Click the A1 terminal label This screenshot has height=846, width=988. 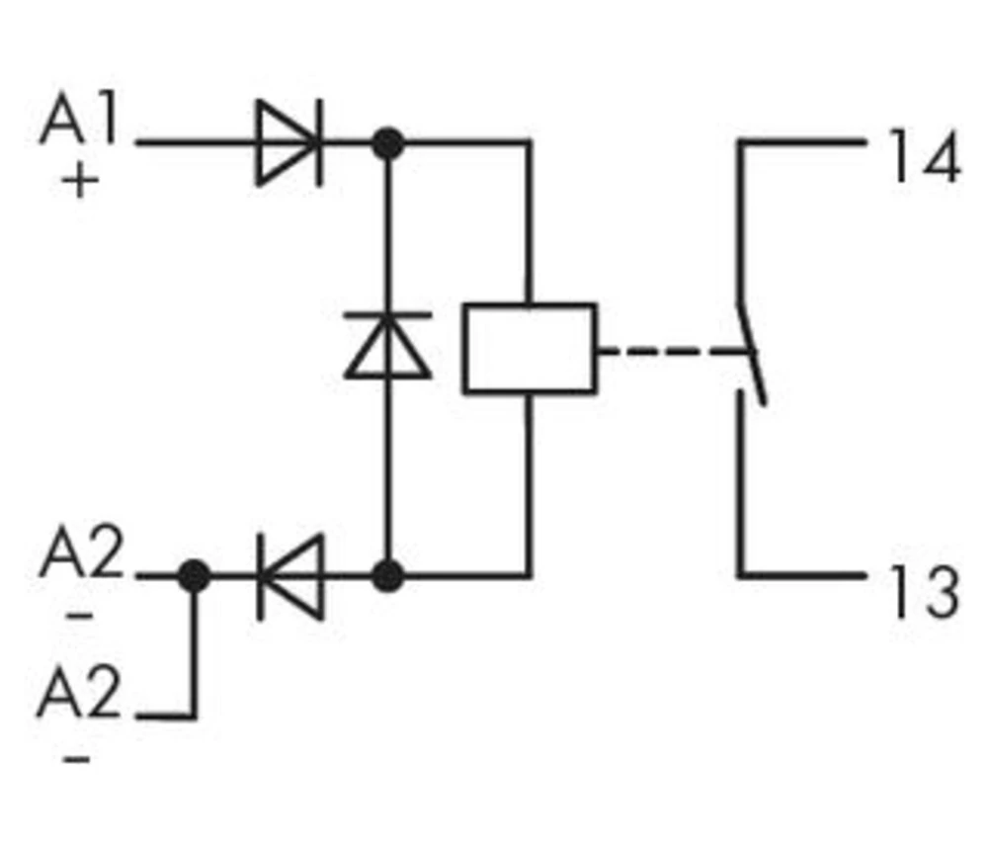coord(79,123)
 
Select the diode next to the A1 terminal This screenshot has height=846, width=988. coord(288,143)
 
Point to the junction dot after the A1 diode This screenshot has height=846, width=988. coord(388,143)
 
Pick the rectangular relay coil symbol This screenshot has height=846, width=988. coord(530,349)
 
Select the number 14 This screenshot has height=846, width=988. coord(924,156)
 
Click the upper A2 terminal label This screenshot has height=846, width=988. coord(81,556)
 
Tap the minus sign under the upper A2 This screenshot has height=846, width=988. coord(81,615)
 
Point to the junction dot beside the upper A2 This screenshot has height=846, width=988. coord(195,574)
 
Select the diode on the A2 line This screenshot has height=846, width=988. coord(290,575)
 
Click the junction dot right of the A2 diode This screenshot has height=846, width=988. coord(388,574)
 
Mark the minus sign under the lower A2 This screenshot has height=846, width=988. coord(81,758)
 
